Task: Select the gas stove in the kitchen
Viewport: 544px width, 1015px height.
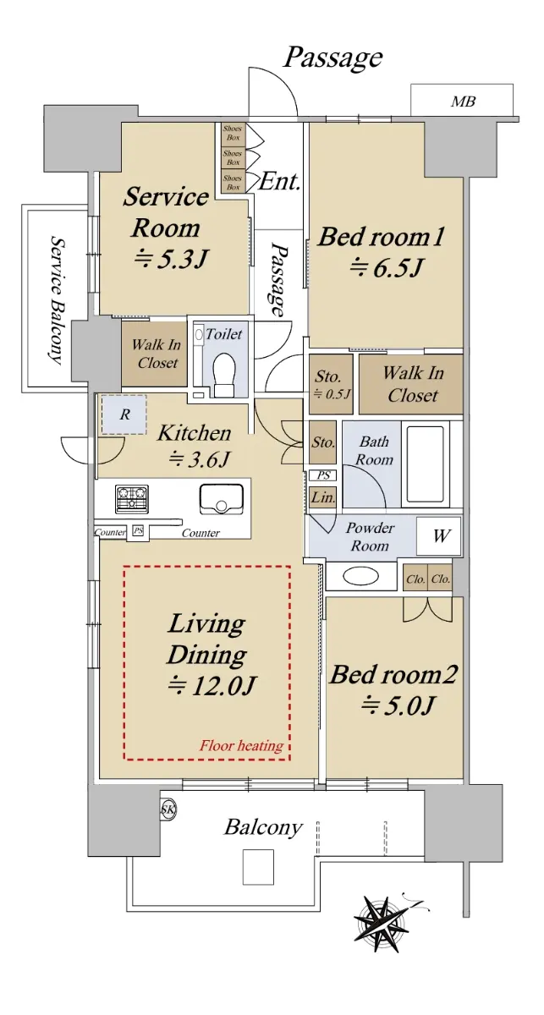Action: [x=132, y=498]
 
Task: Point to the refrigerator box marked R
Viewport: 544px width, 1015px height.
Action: [x=124, y=414]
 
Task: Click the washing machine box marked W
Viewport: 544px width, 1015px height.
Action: [x=439, y=535]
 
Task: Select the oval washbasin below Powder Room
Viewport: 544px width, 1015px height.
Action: [x=360, y=576]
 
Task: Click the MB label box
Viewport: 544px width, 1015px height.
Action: [x=463, y=101]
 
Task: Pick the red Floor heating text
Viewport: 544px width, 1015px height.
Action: [x=242, y=745]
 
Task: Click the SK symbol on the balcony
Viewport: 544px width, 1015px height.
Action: [x=168, y=810]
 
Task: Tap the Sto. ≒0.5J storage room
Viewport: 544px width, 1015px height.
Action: [x=332, y=384]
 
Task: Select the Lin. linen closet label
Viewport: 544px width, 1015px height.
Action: [x=323, y=497]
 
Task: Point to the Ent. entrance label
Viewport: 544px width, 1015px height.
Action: [x=280, y=182]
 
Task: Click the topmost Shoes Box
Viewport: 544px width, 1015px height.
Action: [x=234, y=134]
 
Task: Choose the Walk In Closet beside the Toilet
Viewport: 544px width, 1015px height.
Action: [x=154, y=354]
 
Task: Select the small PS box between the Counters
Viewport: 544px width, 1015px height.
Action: [x=137, y=530]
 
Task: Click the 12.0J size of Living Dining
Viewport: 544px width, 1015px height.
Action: [x=212, y=685]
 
